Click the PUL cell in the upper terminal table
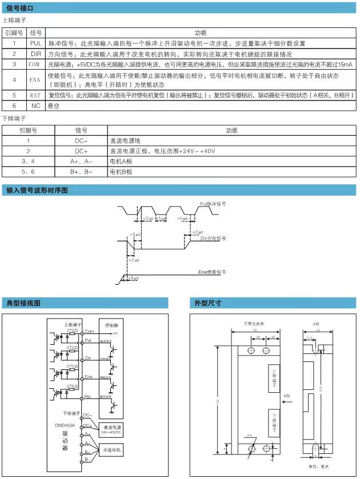tap(35, 43)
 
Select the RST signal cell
tap(35, 95)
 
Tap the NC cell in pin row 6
tap(35, 106)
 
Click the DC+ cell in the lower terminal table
tap(81, 151)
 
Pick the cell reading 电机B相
tap(121, 171)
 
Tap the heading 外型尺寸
tap(208, 303)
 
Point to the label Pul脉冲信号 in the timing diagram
tap(213, 203)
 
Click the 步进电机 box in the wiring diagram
tap(111, 450)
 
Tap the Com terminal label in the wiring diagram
tap(89, 331)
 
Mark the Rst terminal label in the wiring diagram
tap(88, 395)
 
